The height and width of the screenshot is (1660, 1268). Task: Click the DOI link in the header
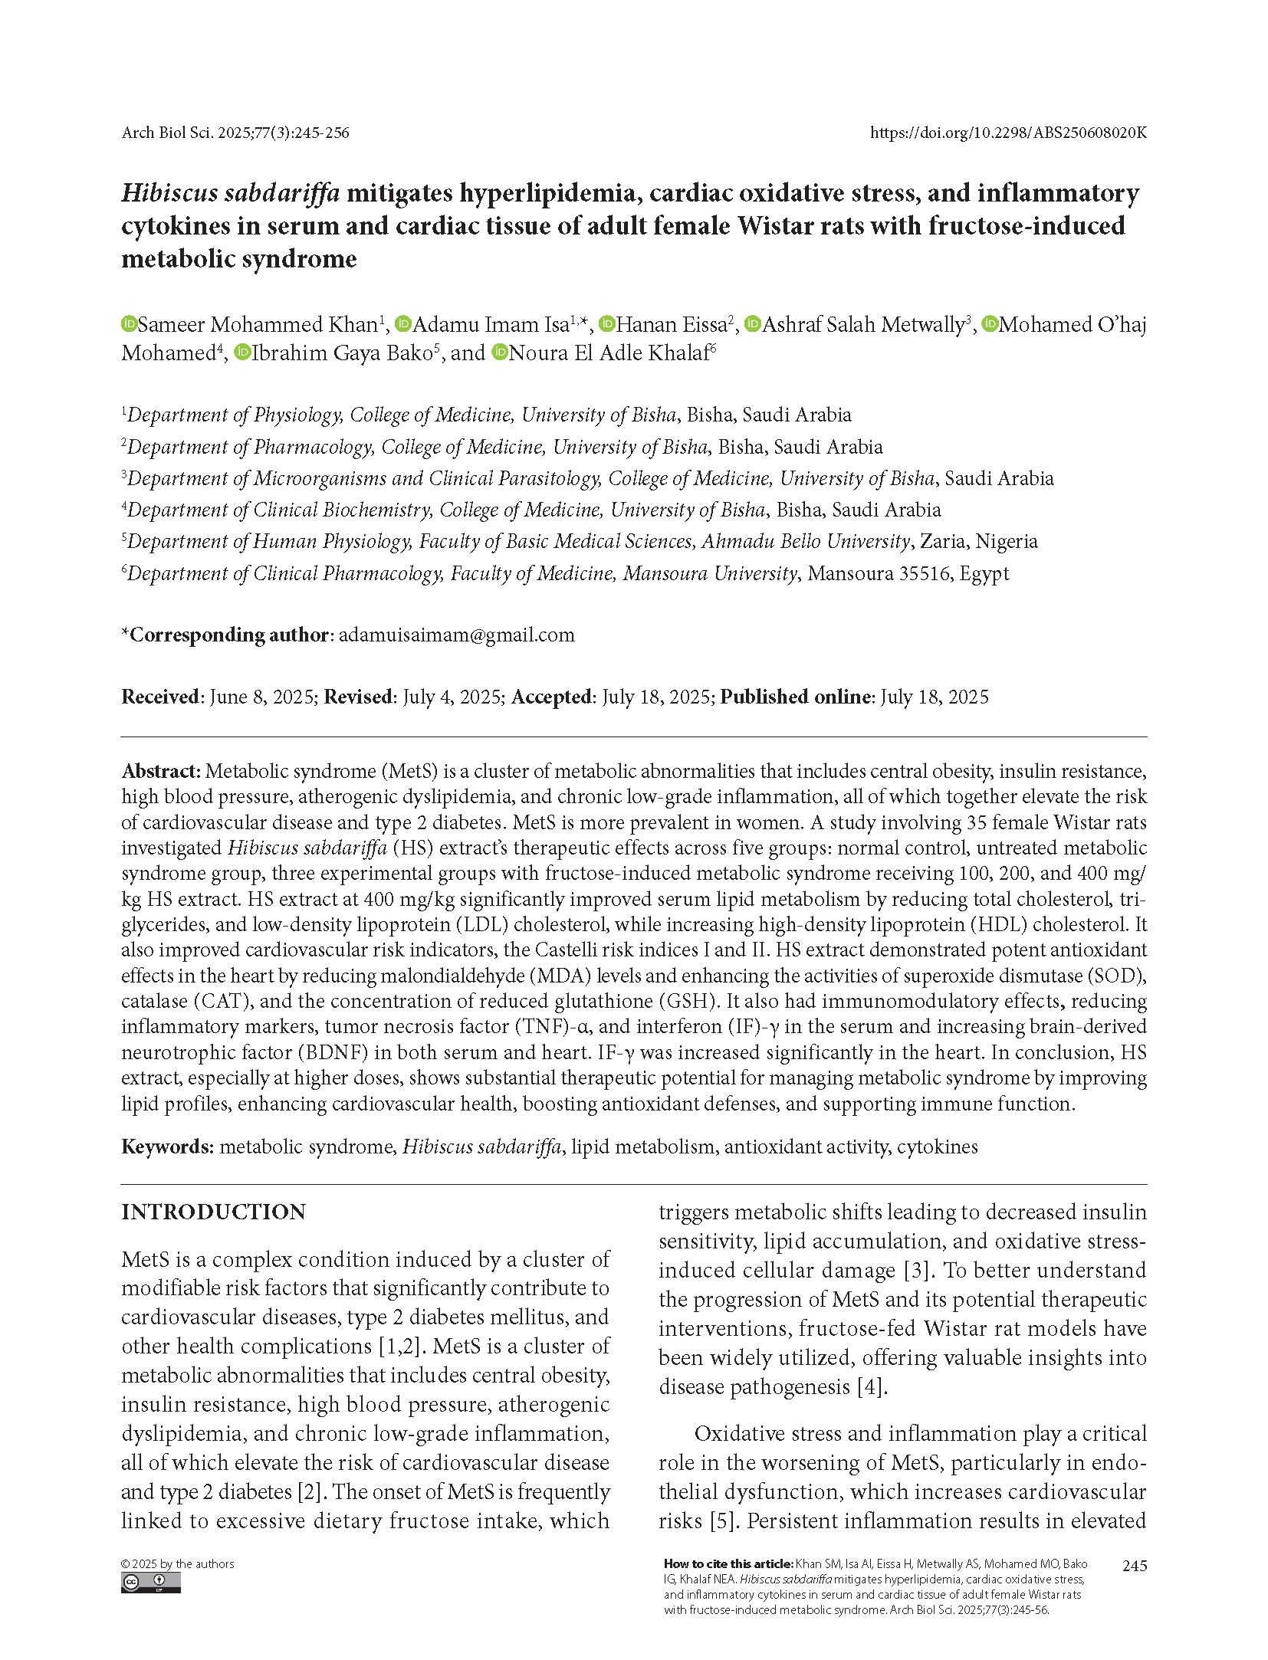pyautogui.click(x=1007, y=133)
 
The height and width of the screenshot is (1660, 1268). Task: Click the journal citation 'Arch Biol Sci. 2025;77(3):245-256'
pyautogui.click(x=235, y=133)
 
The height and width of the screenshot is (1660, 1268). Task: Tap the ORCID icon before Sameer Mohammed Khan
pyautogui.click(x=129, y=324)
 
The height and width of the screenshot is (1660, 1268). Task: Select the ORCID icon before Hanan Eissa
pyautogui.click(x=607, y=324)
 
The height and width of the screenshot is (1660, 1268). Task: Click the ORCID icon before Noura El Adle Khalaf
pyautogui.click(x=501, y=353)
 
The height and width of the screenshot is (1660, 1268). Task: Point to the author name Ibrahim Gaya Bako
pyautogui.click(x=342, y=353)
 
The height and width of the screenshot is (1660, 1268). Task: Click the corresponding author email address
pyautogui.click(x=456, y=635)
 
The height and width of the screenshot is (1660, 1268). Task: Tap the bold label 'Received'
pyautogui.click(x=160, y=697)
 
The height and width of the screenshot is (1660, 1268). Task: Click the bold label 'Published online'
pyautogui.click(x=795, y=697)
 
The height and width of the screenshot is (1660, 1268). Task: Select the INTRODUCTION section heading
pyautogui.click(x=213, y=1212)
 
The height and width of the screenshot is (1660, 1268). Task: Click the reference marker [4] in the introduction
pyautogui.click(x=872, y=1386)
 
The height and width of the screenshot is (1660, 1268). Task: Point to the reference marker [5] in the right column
pyautogui.click(x=721, y=1521)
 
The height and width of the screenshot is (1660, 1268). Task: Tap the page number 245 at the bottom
pyautogui.click(x=1134, y=1566)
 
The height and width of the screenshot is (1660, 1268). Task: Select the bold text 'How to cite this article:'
pyautogui.click(x=728, y=1563)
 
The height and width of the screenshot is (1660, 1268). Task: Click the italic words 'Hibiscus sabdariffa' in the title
pyautogui.click(x=231, y=193)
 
